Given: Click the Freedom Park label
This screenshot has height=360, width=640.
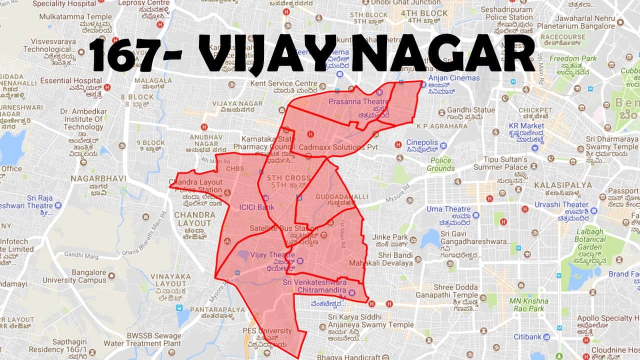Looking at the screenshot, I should click(573, 58).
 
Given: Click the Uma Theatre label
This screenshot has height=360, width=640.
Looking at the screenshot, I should click(448, 209).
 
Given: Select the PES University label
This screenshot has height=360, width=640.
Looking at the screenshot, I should click(267, 331).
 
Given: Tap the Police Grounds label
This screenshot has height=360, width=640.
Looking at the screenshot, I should click(440, 164).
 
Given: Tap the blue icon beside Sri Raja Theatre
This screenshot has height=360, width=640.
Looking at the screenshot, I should click(58, 205).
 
